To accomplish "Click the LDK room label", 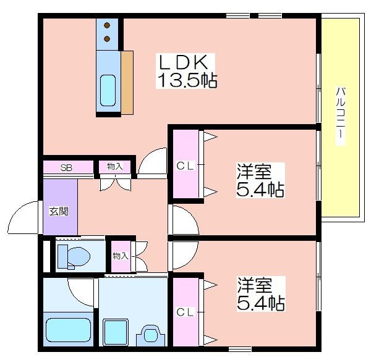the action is point(183,62).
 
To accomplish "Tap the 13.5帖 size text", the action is point(187,80).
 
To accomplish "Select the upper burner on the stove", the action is point(107,25).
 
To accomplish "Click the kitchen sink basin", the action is point(108,90).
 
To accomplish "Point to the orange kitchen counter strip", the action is point(127,83).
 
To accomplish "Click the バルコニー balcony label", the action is point(341,113).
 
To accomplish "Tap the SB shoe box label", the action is point(66,167).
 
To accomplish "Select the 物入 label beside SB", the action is point(115,166).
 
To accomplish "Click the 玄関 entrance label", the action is point(59,211).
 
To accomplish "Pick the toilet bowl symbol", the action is point(74,256).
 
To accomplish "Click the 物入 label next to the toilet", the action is point(121,256).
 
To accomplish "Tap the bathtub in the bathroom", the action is point(69,330).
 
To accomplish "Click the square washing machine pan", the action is point(116,332).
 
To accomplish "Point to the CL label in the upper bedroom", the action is point(185,166).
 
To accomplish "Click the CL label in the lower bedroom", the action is point(185,312).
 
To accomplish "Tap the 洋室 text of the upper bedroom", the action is point(253,172).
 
